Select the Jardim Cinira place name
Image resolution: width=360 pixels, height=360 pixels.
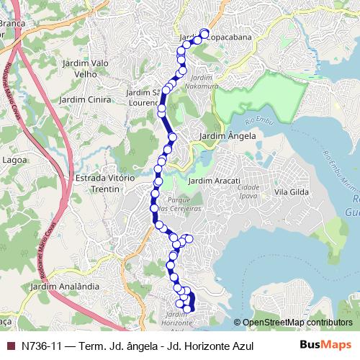pyautogui.click(x=86, y=99)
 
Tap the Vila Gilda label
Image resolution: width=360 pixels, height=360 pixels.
pyautogui.click(x=291, y=192)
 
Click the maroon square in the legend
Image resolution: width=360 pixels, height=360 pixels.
pyautogui.click(x=10, y=346)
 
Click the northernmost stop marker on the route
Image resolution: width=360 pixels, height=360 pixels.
pyautogui.click(x=204, y=32)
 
